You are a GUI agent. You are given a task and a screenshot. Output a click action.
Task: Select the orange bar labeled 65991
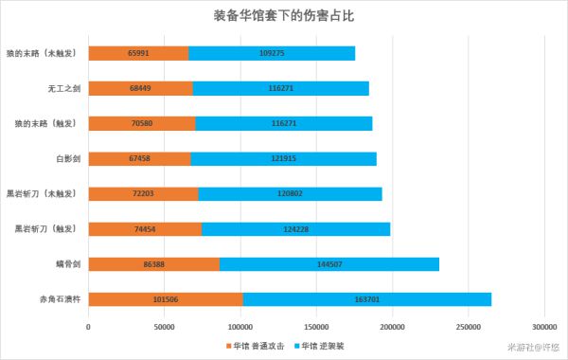pos(138,53)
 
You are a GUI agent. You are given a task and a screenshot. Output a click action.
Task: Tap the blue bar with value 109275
pos(272,53)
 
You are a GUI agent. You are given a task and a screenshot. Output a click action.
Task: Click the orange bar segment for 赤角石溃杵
pos(166,299)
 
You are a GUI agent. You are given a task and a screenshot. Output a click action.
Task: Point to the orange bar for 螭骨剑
pos(154,264)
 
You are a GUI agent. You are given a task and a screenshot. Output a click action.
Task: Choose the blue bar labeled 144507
pos(329,264)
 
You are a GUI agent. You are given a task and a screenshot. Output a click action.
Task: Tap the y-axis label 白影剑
pos(66,158)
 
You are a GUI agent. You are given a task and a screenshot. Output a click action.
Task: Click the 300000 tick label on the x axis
pos(544,327)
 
